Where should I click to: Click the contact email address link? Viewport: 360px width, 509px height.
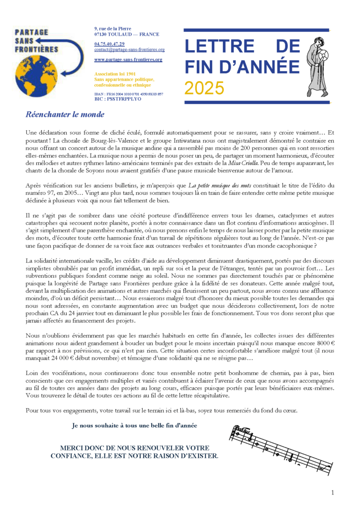tap(129, 50)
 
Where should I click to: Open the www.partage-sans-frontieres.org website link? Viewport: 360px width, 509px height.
tap(128, 60)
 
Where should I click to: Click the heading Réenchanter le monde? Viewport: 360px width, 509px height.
tap(65, 115)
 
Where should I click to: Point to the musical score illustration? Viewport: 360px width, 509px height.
tap(281, 449)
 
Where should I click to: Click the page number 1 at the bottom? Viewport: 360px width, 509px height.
tap(332, 492)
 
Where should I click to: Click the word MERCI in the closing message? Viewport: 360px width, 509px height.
tap(73, 447)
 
